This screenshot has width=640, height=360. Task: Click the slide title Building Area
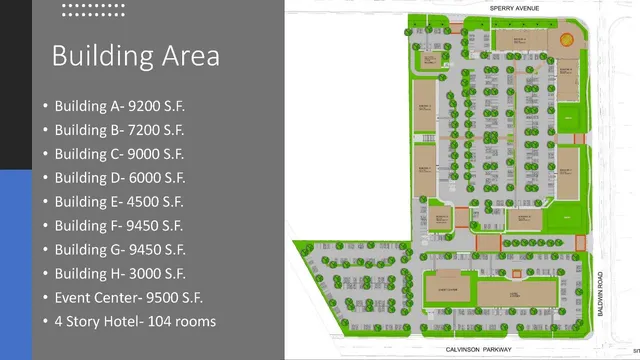(135, 55)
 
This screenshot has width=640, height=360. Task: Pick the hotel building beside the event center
(516, 294)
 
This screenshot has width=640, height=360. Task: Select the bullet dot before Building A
(45, 107)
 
